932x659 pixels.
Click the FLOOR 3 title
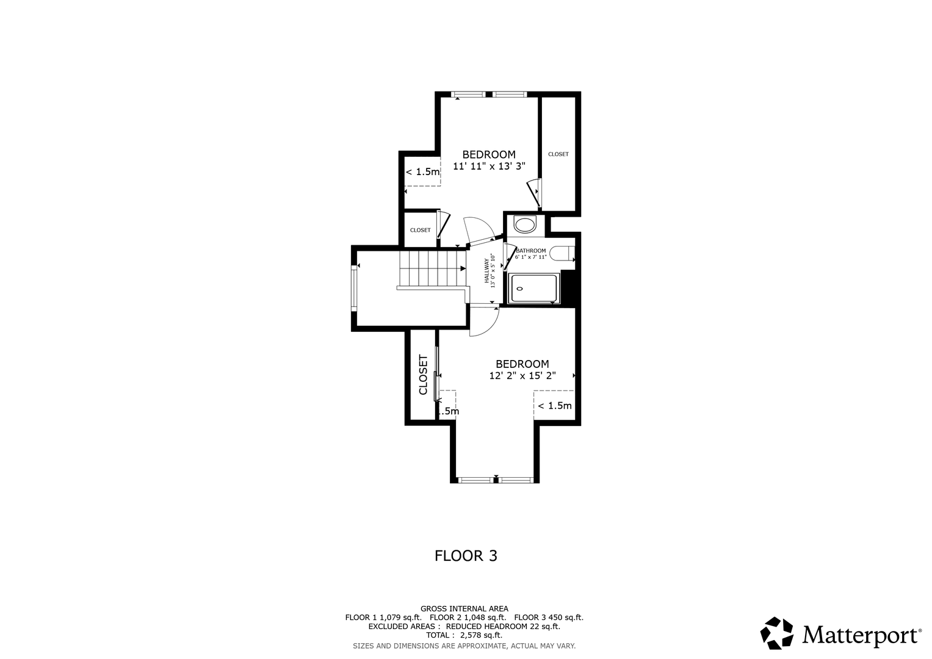pos(466,556)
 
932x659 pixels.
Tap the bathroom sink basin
pos(525,226)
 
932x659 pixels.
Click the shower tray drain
pos(519,289)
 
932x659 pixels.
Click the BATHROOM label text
pos(531,251)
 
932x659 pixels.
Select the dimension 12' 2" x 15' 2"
pos(522,376)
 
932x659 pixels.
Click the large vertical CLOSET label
pos(423,375)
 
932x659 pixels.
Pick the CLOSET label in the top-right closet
pos(558,154)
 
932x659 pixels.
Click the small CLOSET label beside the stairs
pos(421,230)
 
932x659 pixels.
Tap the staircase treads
pos(432,268)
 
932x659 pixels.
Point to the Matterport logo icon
pos(776,633)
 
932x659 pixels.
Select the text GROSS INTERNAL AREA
pos(464,609)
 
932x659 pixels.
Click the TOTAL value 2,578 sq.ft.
pos(481,635)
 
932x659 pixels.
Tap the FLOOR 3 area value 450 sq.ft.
pos(566,618)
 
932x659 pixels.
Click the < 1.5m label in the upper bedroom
pos(422,172)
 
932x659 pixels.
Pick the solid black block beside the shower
pos(568,287)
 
